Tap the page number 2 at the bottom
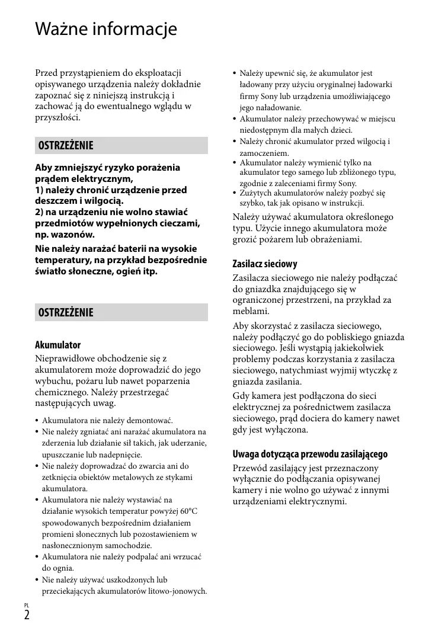27,614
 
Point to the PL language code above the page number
27,604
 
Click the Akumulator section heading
57,345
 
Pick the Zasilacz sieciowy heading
265,264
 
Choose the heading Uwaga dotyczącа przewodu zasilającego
310,454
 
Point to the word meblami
251,311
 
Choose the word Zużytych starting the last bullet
258,193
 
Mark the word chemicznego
62,392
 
